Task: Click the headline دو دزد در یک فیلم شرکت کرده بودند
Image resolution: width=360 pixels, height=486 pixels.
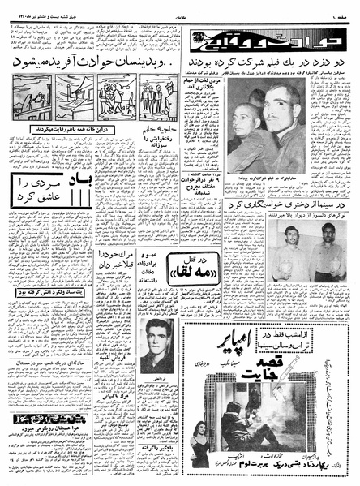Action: point(264,62)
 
